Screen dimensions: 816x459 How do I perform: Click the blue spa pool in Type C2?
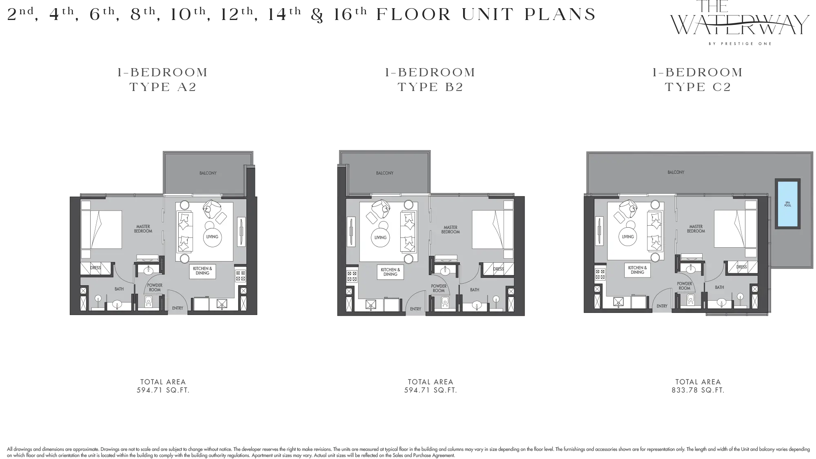coord(787,204)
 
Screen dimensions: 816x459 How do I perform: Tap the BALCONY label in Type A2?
coord(208,173)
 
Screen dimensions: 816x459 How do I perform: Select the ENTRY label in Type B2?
coord(416,309)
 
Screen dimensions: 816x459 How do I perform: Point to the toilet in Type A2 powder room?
coord(149,301)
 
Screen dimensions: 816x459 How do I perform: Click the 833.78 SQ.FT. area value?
coord(698,390)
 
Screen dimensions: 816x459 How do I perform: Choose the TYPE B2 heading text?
coord(430,87)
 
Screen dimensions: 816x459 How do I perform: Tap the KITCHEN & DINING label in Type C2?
coord(637,270)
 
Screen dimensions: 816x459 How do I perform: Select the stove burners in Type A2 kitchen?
coord(240,275)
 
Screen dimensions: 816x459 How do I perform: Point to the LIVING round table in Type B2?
coord(381,237)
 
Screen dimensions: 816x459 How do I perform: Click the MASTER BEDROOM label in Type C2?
coord(696,229)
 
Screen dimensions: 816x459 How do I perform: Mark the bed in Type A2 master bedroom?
coord(101,229)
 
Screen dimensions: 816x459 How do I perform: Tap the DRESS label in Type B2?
coord(498,269)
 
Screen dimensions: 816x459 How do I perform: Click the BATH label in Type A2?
coord(119,289)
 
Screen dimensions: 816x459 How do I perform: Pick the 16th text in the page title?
coord(350,15)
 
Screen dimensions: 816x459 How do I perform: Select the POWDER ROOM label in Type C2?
coord(684,286)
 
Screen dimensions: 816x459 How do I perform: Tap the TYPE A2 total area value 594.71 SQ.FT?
coord(163,390)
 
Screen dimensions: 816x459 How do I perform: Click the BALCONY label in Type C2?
coord(676,172)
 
